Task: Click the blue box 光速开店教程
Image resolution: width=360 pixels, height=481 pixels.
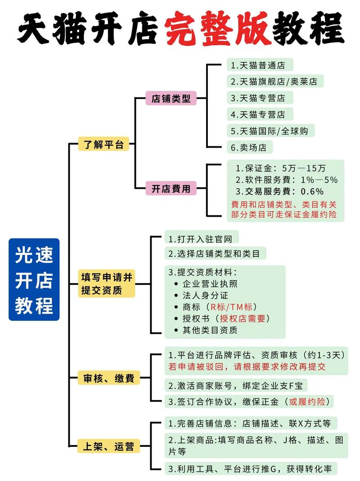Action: (x=34, y=279)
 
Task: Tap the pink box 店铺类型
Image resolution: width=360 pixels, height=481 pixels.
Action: (x=171, y=98)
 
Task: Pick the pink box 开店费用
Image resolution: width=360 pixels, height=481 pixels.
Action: (x=171, y=189)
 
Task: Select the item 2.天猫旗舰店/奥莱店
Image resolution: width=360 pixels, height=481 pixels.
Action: (x=274, y=81)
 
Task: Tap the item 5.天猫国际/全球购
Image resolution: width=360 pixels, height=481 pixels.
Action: (x=270, y=131)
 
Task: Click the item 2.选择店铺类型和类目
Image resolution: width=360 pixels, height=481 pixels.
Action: (x=214, y=253)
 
